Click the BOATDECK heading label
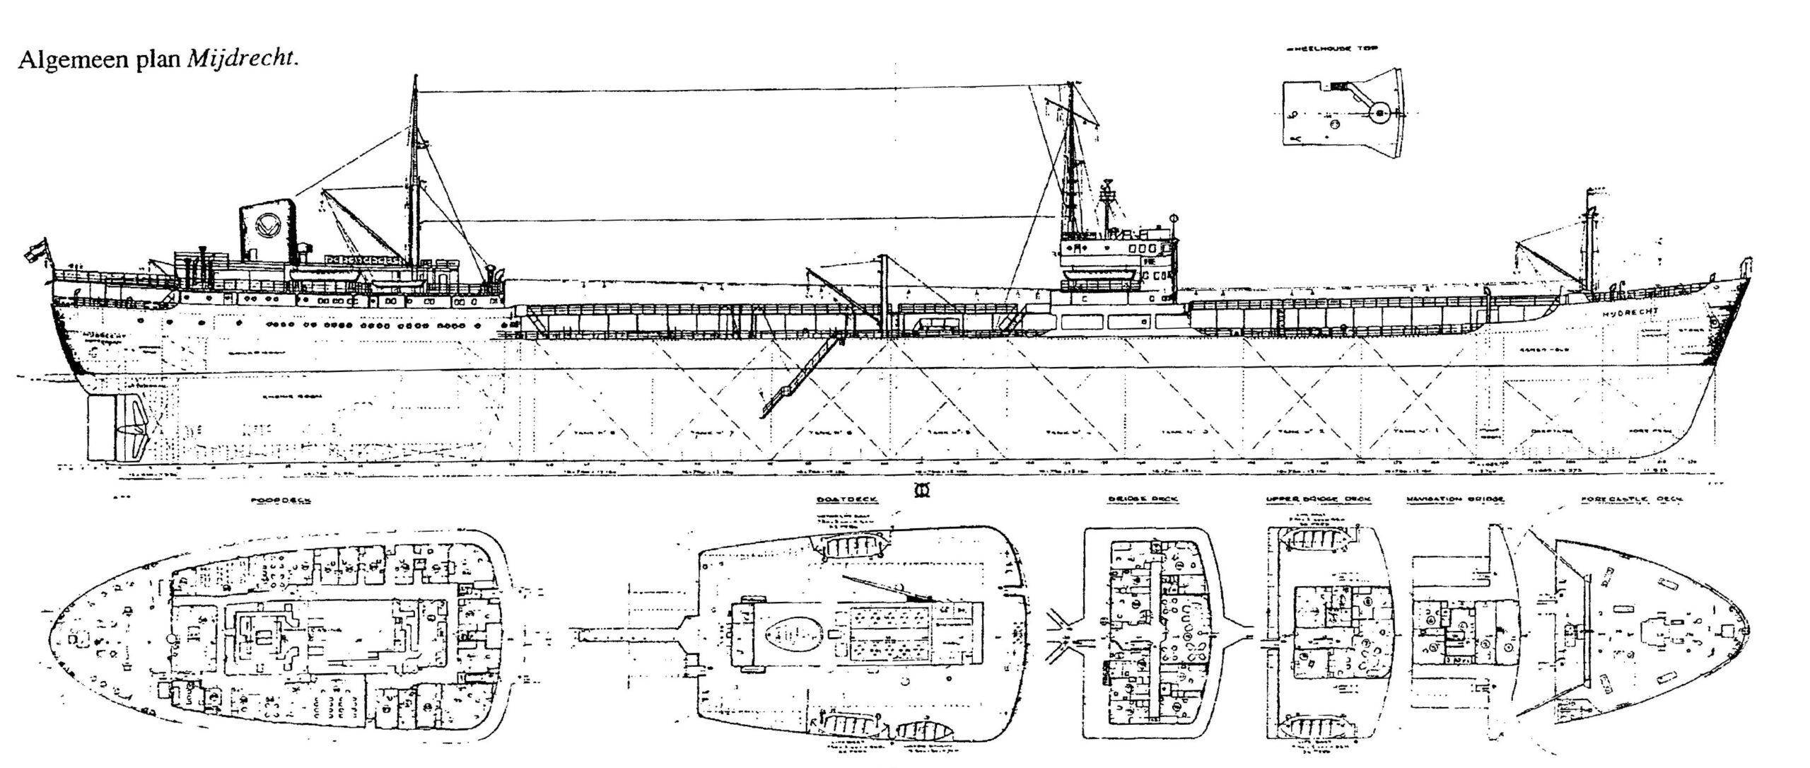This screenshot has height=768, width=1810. [846, 499]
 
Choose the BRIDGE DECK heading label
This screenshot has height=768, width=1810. [1143, 499]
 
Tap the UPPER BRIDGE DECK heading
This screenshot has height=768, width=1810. [1319, 499]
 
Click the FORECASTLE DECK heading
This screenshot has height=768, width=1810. [1632, 499]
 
